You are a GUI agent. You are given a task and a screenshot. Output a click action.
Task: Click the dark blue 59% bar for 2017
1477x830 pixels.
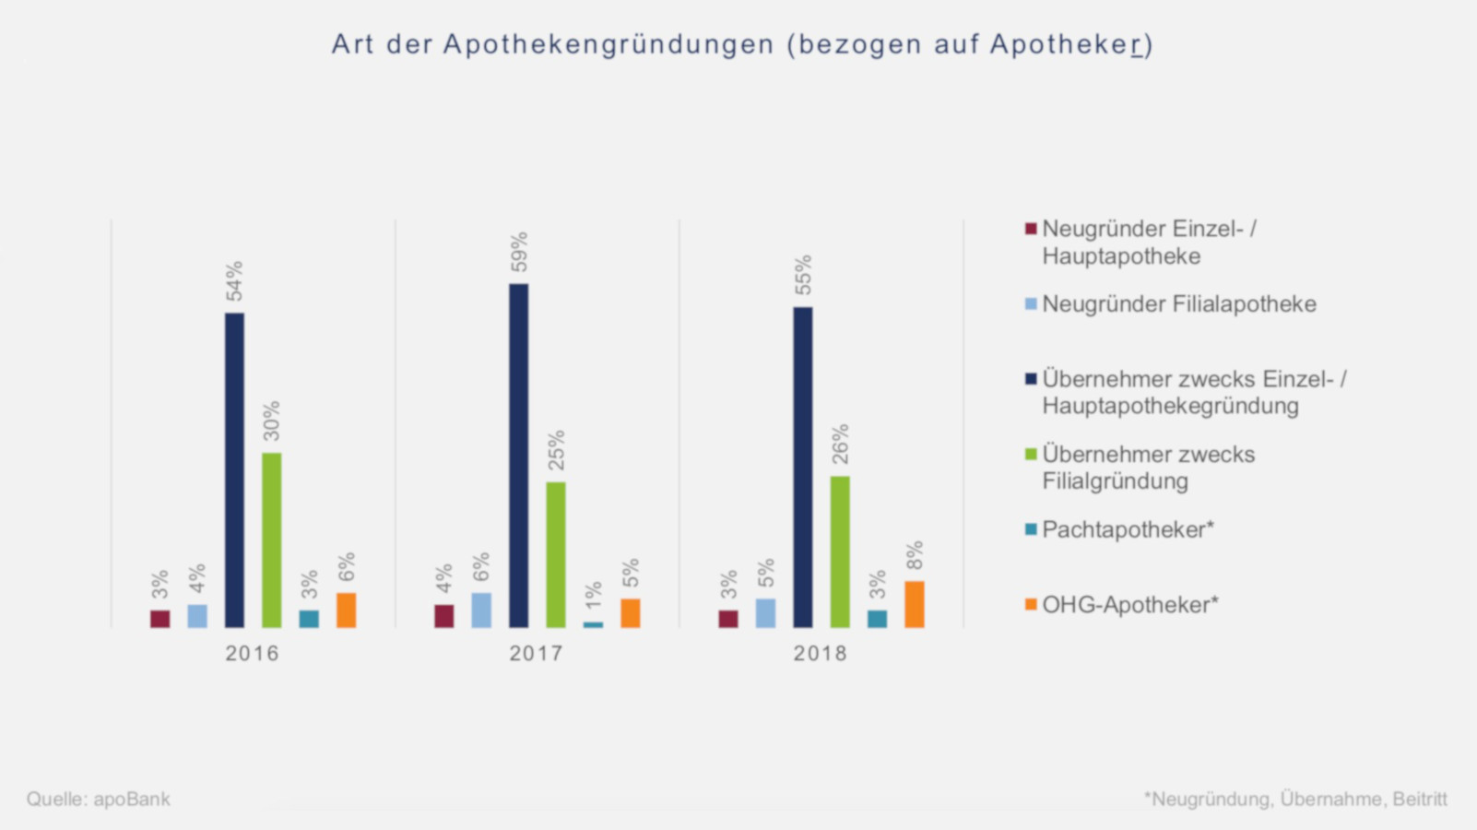tap(519, 456)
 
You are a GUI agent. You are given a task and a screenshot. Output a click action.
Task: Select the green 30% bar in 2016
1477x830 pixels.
tap(271, 540)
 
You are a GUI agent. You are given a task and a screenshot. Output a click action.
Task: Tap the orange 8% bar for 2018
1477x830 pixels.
tap(914, 605)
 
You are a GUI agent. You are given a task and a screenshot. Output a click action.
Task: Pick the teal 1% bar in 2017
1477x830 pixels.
tap(593, 625)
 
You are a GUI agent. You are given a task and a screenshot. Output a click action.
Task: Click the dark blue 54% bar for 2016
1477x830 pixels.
tap(235, 470)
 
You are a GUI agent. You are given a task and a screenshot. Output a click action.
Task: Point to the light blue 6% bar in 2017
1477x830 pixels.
tap(481, 611)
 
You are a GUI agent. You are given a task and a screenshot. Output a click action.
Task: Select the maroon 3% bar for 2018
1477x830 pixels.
tap(728, 619)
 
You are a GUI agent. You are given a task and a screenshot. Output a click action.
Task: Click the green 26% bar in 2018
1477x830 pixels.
tap(840, 552)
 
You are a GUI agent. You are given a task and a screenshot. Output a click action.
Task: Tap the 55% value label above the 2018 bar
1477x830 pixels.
tap(804, 275)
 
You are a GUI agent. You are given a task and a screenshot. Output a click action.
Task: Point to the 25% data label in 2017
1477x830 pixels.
tap(556, 450)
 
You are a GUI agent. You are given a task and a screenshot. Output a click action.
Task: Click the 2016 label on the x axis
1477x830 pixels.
tap(252, 654)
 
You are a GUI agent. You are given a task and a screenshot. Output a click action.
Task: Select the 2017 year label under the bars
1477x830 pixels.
tap(536, 654)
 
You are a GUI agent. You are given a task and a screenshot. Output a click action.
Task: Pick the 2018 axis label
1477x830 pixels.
tap(820, 654)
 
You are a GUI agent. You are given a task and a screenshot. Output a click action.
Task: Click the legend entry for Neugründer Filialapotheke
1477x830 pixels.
tap(1178, 304)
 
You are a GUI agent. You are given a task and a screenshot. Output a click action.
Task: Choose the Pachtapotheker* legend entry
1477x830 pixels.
tap(1127, 530)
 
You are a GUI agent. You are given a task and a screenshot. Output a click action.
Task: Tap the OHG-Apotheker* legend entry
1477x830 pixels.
tap(1129, 605)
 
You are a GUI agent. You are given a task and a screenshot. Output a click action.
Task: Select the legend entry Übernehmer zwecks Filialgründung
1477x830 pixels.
tap(1148, 468)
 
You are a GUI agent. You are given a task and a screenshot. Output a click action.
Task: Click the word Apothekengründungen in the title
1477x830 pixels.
tap(609, 44)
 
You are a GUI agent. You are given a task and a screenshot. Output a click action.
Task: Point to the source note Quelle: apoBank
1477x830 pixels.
tap(99, 799)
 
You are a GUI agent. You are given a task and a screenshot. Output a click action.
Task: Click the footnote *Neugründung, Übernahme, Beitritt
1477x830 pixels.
tap(1295, 799)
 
